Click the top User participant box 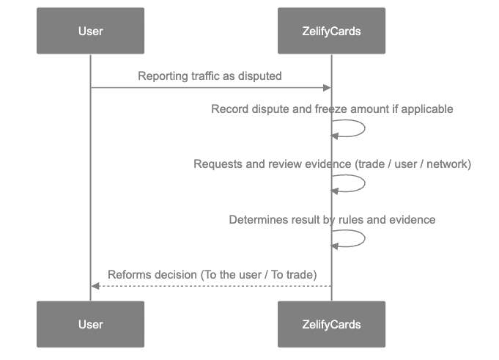[x=90, y=31]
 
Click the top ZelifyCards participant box [x=331, y=31]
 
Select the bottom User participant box [x=90, y=323]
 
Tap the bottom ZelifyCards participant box [x=331, y=323]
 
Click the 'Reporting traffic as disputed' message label [x=210, y=76]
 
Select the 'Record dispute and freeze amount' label [x=332, y=109]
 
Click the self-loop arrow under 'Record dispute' [x=359, y=128]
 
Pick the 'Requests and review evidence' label [x=332, y=164]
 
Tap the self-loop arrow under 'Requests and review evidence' [x=359, y=183]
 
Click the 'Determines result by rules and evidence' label [x=332, y=219]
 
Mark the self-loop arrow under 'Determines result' [x=359, y=238]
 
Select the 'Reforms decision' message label [x=212, y=274]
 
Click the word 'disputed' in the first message [x=262, y=76]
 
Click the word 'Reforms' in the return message [x=129, y=274]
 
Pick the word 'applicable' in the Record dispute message [x=428, y=109]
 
